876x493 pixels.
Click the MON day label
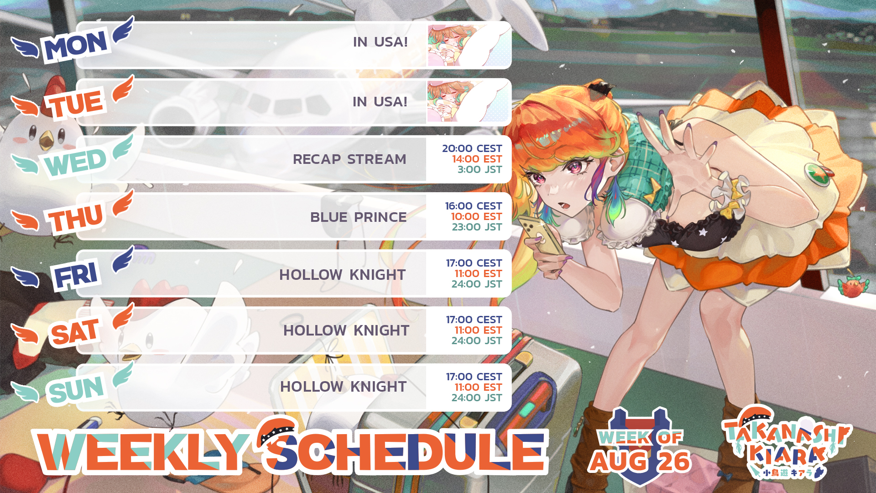click(x=76, y=45)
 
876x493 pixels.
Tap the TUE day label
click(x=76, y=103)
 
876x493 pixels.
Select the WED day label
click(x=76, y=161)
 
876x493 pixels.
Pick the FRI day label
click(x=76, y=275)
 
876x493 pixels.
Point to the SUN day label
click(x=76, y=389)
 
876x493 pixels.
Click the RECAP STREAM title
click(x=349, y=159)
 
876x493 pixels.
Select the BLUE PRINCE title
click(x=358, y=217)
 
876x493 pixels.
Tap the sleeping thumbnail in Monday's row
click(x=469, y=45)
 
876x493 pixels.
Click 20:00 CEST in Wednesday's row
click(x=472, y=148)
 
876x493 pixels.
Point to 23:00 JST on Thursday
click(x=477, y=227)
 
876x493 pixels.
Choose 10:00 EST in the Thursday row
click(x=476, y=216)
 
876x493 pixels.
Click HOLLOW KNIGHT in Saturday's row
click(x=346, y=330)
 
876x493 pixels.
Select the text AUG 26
click(x=639, y=461)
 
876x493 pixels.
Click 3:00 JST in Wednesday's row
click(x=480, y=169)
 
